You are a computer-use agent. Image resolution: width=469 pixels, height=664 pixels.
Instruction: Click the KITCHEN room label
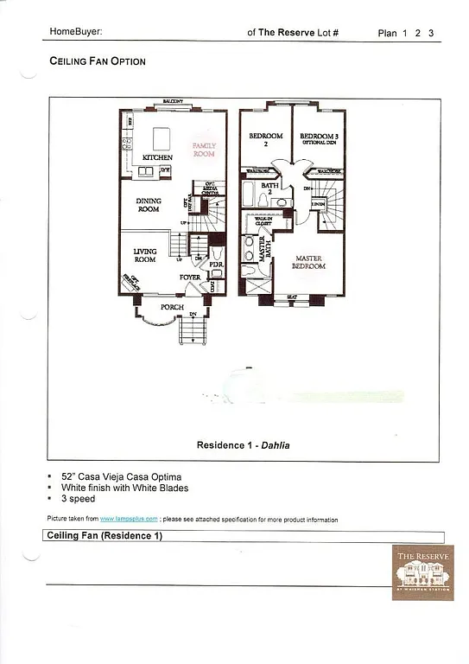pos(158,157)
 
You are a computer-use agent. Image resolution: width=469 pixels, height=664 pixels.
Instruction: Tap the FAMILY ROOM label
pos(204,150)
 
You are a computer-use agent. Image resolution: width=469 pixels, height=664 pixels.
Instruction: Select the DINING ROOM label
pos(149,205)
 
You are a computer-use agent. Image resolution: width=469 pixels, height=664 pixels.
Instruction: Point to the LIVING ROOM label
pos(144,255)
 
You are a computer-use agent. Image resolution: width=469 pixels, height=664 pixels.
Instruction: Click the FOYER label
pos(190,278)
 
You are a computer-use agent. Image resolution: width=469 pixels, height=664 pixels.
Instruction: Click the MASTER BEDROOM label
pos(310,262)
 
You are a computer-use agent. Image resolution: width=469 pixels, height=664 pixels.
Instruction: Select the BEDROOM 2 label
pos(266,139)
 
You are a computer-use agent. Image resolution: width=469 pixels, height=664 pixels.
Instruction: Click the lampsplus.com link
pos(128,519)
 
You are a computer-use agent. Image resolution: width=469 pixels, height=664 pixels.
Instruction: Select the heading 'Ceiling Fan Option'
pos(98,61)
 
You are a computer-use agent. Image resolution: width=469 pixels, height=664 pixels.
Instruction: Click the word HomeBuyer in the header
pos(76,32)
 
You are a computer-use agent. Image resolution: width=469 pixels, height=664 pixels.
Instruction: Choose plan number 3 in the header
pos(430,34)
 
